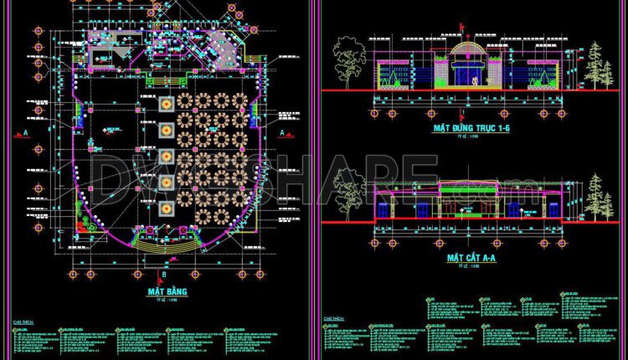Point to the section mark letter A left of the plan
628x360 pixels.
click(26, 133)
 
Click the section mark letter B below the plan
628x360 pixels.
click(163, 275)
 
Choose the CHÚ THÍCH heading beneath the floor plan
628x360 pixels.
click(23, 321)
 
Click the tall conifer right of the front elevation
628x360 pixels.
click(595, 64)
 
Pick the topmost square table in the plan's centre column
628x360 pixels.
click(165, 102)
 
